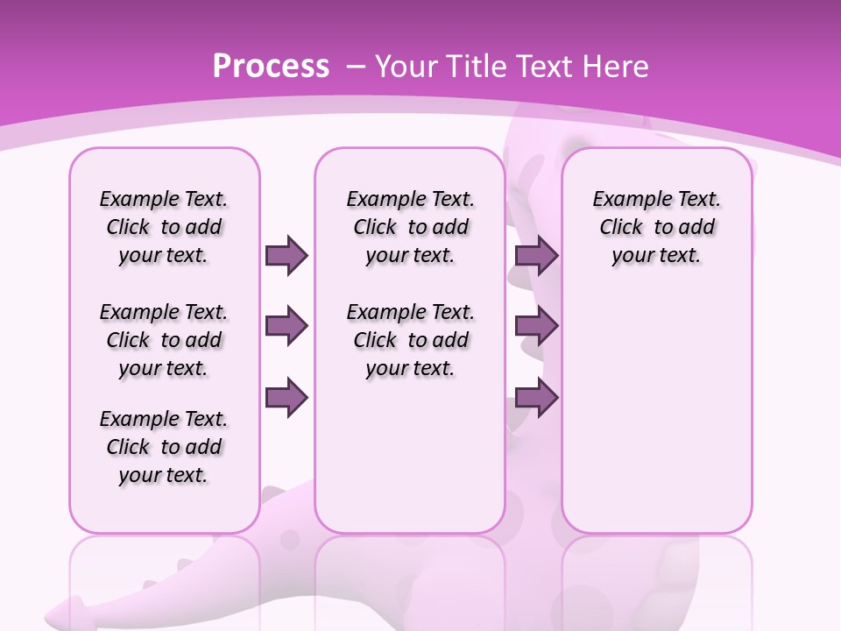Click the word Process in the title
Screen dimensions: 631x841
[x=271, y=67]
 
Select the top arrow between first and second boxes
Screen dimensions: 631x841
[x=286, y=255]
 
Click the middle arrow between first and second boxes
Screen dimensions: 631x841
[x=286, y=326]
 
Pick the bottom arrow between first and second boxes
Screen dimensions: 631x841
[x=286, y=397]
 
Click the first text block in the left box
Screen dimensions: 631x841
[x=164, y=227]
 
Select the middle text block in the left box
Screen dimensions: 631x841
[x=164, y=340]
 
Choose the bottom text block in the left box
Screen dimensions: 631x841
[x=164, y=447]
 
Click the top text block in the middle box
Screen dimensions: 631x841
[x=410, y=227]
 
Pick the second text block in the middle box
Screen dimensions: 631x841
[x=410, y=340]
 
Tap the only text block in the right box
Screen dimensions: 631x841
[x=656, y=227]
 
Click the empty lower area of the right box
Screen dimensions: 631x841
[x=656, y=412]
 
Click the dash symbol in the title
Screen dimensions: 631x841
[x=356, y=67]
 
